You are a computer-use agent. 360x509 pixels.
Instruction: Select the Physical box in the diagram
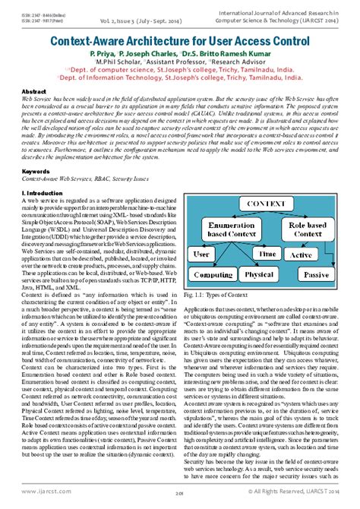coord(260,274)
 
